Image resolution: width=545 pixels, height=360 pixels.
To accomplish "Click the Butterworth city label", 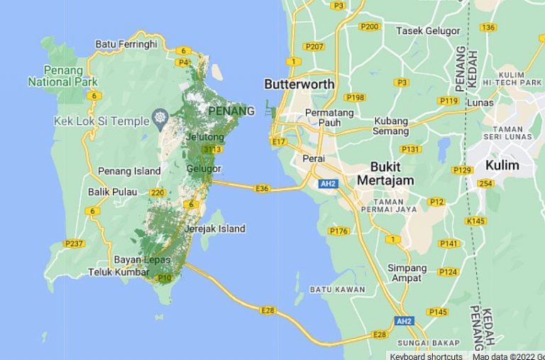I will (299, 84).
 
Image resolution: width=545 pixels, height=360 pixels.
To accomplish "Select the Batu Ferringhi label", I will (126, 44).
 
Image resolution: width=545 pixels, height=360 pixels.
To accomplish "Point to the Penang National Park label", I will (59, 75).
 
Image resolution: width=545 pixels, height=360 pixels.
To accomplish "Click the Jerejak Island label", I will (214, 229).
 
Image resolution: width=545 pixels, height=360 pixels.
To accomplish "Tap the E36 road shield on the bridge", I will (262, 188).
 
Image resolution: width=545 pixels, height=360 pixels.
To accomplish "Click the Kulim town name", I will (502, 165).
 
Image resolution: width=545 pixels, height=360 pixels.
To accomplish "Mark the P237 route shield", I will (74, 244).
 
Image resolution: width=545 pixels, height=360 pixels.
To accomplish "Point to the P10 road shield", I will (165, 278).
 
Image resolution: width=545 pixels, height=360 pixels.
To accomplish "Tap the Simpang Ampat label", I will (407, 273).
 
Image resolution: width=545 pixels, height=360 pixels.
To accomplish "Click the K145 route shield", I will (476, 221).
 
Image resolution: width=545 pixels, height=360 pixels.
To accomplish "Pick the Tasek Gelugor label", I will (428, 31).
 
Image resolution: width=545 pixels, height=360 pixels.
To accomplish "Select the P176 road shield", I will (338, 231).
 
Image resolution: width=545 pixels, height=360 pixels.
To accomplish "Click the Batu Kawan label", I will (337, 290).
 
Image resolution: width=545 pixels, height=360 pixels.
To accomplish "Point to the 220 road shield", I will (158, 192).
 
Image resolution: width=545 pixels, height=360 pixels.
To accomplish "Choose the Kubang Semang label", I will (391, 126).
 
